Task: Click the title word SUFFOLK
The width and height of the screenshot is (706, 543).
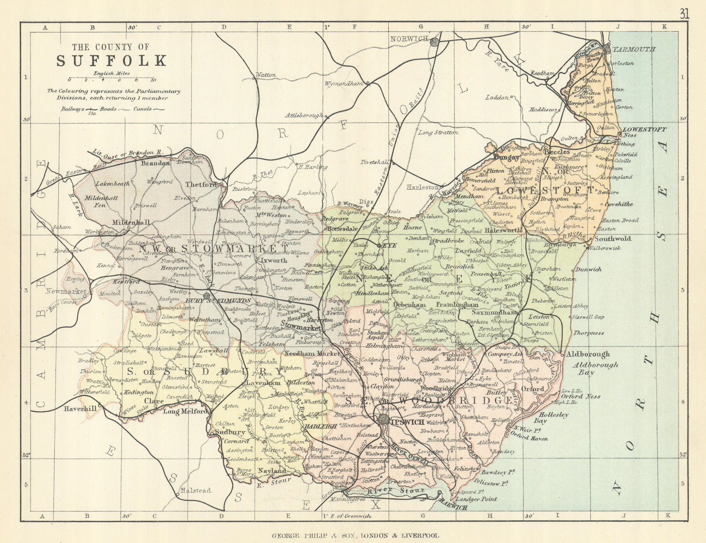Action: pyautogui.click(x=112, y=60)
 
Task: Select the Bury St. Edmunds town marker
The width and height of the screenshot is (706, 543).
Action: pyautogui.click(x=207, y=295)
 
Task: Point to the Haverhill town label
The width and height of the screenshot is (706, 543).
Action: pyautogui.click(x=80, y=409)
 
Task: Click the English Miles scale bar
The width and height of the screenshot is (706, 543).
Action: pyautogui.click(x=111, y=80)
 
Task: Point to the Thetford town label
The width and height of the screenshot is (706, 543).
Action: pyautogui.click(x=201, y=185)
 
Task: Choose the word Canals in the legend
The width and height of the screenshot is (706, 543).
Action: pyautogui.click(x=143, y=109)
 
